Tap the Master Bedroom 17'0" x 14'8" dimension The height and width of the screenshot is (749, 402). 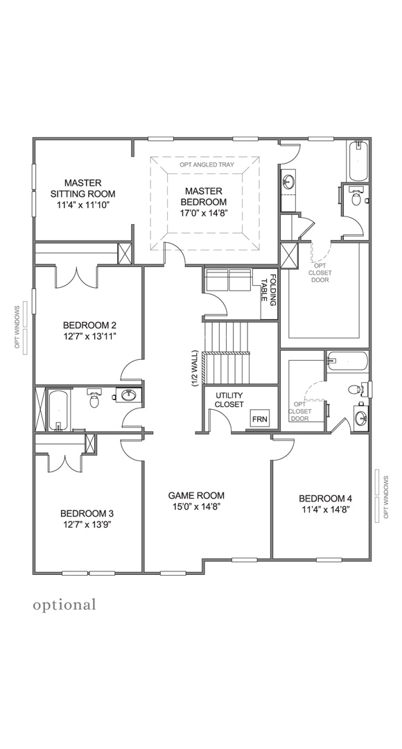coord(203,213)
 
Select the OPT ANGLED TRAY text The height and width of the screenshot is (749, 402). coord(207,165)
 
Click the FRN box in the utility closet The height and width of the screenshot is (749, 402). coord(260,420)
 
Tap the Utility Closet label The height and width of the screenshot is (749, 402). coord(229,400)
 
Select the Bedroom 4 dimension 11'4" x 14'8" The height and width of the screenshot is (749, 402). coord(326,509)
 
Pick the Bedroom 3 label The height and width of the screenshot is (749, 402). coord(87,513)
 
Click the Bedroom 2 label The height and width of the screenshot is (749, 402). coord(90,326)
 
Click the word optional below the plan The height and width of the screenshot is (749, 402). coord(64,605)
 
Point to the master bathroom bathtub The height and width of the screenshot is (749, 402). coord(358,161)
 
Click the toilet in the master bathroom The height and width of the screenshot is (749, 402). coord(356,197)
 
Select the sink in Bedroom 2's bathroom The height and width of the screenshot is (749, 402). coord(128,395)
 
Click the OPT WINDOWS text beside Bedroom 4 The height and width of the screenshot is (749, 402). coord(386,497)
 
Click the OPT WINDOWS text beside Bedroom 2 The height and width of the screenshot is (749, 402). coord(17,327)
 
